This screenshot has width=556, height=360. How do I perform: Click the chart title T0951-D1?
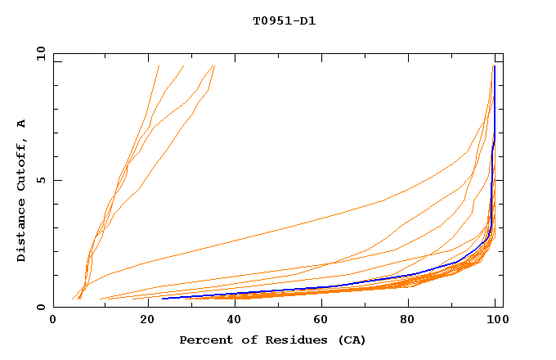click(x=284, y=21)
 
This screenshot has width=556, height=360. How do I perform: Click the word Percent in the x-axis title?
click(x=205, y=340)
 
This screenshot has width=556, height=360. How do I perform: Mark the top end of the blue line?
click(x=495, y=66)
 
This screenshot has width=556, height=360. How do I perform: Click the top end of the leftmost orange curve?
click(x=159, y=65)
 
